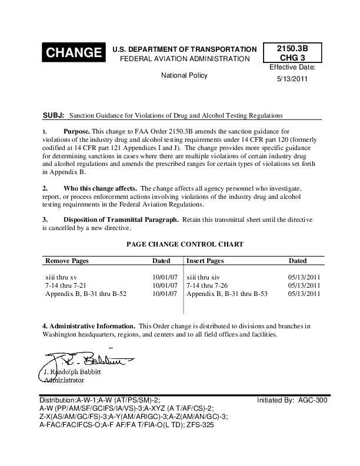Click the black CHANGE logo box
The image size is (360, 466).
point(74,53)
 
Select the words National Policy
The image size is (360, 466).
point(184,76)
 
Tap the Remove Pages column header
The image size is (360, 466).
point(66,260)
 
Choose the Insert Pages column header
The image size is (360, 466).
point(205,260)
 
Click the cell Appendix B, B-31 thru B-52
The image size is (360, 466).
point(86,294)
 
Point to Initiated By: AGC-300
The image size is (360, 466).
point(292,400)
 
